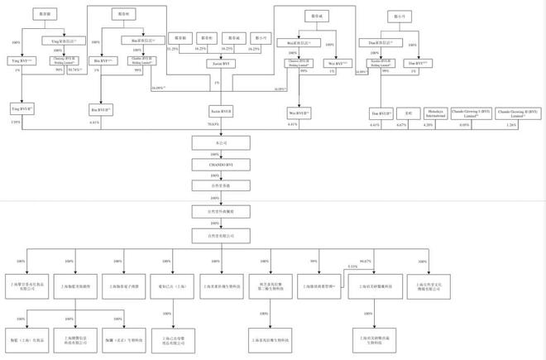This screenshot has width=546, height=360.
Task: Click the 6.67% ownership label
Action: click(402, 124)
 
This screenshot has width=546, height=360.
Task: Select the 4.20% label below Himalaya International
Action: click(428, 124)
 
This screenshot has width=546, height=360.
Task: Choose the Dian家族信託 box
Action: click(381, 41)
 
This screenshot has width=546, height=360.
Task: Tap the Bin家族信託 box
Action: click(141, 40)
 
